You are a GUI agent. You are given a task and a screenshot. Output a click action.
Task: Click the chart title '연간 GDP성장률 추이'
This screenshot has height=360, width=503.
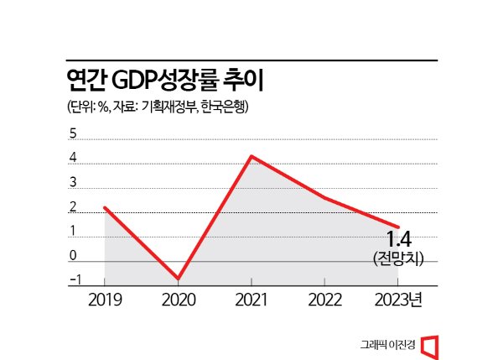pos(164,81)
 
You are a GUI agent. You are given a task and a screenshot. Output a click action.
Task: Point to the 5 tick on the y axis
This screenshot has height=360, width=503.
pos(72,133)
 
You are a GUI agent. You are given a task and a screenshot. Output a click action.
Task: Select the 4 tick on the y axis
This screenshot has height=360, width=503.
pos(72,158)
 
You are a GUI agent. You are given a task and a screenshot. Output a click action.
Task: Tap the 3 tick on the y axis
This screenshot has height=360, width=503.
pos(72,182)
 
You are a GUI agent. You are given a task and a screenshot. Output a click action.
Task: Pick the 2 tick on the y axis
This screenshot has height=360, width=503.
pos(72,206)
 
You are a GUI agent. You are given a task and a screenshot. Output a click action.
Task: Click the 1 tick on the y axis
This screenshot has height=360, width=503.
pos(72,231)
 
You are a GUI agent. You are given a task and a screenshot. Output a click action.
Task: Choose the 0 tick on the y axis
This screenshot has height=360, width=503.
pos(72,255)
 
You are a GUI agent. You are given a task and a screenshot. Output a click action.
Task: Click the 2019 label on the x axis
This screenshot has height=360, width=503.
pos(105,300)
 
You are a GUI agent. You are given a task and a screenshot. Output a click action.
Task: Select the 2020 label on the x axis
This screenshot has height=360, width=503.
pos(178,300)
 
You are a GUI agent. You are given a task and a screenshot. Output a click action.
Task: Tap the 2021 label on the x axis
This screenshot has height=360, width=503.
pos(251,300)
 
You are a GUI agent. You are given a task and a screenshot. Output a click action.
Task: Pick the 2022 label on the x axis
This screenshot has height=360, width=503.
pos(324,300)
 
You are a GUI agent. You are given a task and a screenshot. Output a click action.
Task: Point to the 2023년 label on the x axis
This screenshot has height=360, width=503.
pos(402,300)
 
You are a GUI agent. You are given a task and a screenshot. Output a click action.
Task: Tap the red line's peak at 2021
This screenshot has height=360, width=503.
pos(251,156)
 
